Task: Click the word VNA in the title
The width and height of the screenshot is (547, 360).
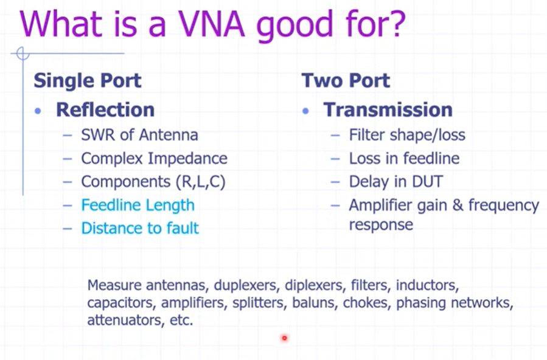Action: (212, 24)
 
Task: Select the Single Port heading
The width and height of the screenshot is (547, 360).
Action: (88, 80)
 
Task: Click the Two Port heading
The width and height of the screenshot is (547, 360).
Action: (346, 80)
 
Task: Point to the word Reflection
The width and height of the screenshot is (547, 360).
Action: (105, 110)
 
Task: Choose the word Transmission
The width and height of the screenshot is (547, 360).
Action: (388, 110)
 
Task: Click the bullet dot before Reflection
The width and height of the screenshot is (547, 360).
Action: (38, 111)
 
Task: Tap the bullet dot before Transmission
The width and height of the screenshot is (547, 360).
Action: (306, 111)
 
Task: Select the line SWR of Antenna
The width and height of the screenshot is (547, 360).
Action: (139, 135)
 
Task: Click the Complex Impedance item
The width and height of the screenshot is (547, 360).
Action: (154, 159)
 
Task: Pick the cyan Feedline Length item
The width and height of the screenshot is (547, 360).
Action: (138, 206)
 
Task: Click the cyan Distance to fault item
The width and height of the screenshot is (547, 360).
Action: (140, 228)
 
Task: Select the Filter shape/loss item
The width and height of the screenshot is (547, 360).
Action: (407, 135)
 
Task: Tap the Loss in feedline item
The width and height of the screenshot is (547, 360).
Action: (405, 159)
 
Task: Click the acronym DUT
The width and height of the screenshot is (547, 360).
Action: (427, 182)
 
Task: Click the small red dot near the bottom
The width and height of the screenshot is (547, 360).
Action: (284, 337)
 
